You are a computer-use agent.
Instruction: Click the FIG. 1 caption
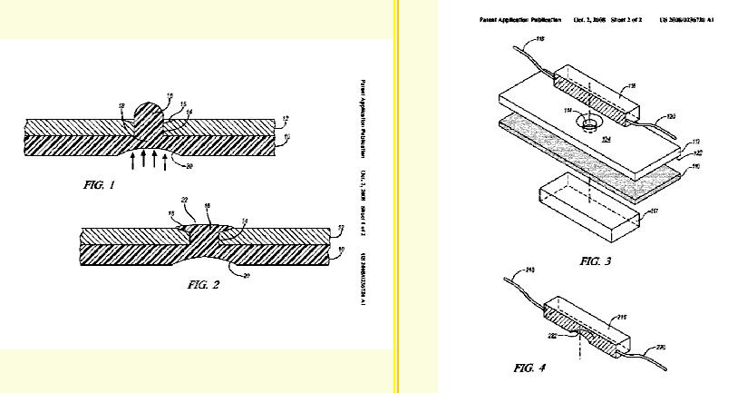pos(94,185)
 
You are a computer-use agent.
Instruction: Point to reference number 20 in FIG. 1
pos(189,166)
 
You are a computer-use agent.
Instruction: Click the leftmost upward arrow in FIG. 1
pos(134,162)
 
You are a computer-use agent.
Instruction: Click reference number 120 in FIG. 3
pos(672,116)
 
